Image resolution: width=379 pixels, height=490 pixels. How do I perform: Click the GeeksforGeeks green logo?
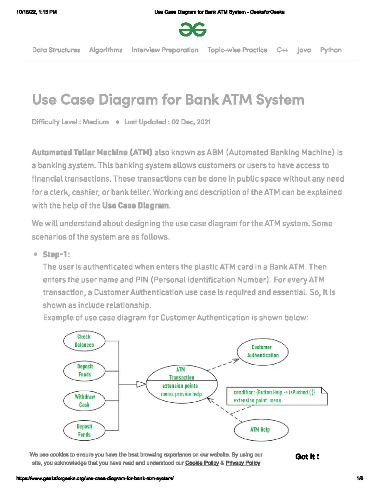[x=192, y=30]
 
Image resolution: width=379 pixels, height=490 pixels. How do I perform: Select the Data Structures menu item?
[x=56, y=50]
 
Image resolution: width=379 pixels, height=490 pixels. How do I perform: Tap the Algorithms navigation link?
[x=105, y=50]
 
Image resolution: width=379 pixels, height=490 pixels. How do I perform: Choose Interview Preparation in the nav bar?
[x=165, y=50]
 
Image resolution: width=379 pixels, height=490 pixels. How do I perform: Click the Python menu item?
[x=331, y=50]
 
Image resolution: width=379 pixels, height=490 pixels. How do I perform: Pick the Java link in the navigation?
[x=304, y=50]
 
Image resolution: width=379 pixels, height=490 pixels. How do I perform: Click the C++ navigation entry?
[x=282, y=50]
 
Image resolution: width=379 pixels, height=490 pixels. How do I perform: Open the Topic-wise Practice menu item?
[x=237, y=50]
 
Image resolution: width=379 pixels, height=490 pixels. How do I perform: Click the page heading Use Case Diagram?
[x=168, y=100]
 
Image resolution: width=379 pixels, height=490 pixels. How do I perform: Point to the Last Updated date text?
[x=167, y=122]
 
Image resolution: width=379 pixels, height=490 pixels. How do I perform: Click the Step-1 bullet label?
[x=56, y=254]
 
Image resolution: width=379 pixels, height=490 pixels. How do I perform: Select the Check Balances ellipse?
[x=84, y=341]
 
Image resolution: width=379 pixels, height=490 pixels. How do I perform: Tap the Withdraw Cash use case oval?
[x=84, y=401]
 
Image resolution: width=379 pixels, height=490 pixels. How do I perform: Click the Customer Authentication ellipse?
[x=262, y=351]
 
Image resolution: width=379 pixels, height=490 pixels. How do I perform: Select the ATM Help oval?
[x=261, y=429]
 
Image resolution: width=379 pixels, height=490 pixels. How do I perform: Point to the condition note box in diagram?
[x=276, y=396]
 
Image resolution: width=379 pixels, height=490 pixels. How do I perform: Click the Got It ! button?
[x=307, y=457]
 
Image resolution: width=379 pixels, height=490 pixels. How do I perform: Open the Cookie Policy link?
[x=202, y=463]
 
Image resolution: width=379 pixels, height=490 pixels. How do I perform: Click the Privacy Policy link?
[x=243, y=463]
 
